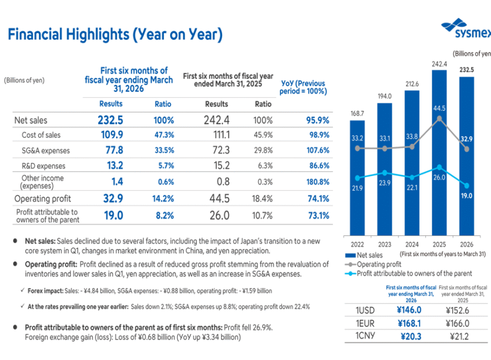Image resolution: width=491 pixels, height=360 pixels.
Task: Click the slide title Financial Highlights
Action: tap(115, 35)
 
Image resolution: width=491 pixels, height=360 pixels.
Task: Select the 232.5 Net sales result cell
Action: tap(111, 121)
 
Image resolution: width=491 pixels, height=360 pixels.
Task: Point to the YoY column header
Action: tap(304, 87)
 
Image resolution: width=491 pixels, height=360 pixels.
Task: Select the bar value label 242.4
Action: tap(440, 64)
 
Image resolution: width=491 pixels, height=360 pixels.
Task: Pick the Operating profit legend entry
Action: tap(377, 264)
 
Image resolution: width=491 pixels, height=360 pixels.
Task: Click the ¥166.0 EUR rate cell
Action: tap(459, 323)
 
